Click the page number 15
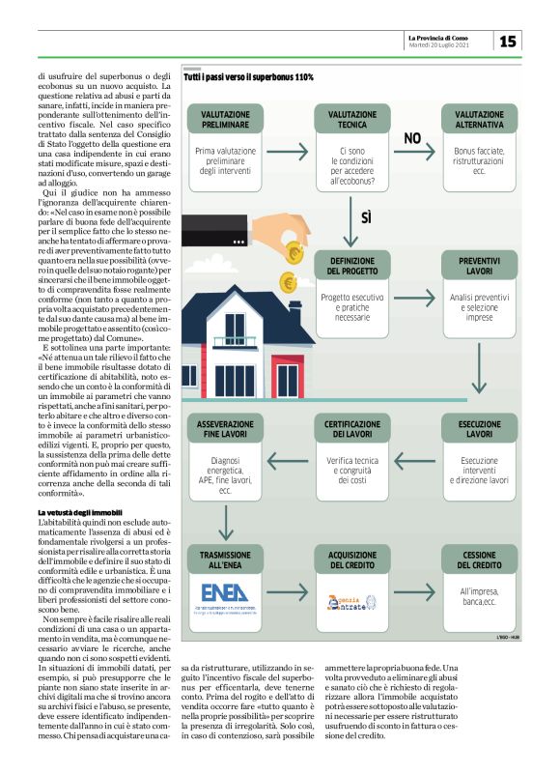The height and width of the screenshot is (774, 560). point(508,41)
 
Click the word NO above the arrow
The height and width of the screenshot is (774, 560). point(413,138)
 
